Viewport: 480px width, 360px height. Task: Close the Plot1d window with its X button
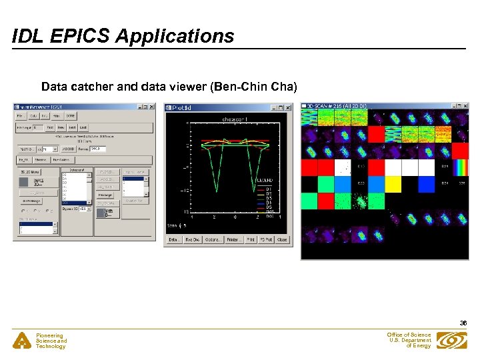point(288,107)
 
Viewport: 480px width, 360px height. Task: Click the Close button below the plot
point(282,239)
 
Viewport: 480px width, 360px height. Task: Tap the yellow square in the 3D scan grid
point(393,183)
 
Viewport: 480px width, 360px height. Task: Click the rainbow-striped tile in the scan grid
point(460,167)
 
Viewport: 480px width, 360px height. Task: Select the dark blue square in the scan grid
point(376,183)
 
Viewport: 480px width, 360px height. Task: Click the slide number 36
point(463,323)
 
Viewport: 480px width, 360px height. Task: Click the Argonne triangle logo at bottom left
point(21,341)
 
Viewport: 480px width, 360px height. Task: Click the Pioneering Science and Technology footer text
point(51,341)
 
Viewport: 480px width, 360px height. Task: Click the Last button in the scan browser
point(83,127)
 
